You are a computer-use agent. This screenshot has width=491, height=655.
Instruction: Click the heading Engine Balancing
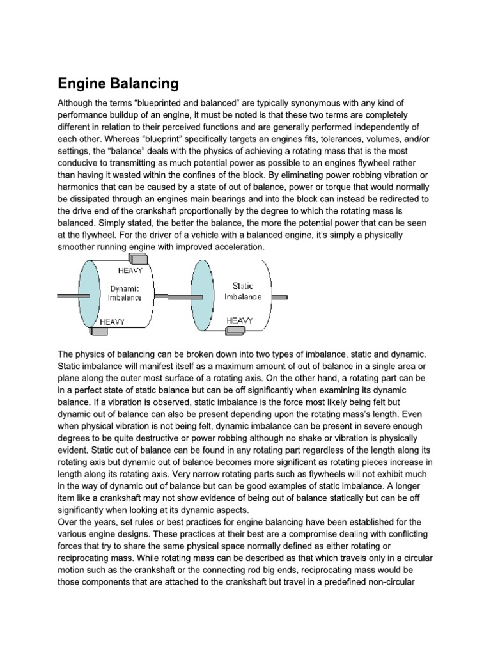click(x=118, y=83)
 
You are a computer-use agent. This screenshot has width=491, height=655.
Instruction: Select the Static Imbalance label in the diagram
click(x=242, y=292)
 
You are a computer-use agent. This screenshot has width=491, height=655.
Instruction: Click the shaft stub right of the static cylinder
click(x=280, y=297)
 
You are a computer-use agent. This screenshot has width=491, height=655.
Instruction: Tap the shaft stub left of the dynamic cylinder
click(x=68, y=295)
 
